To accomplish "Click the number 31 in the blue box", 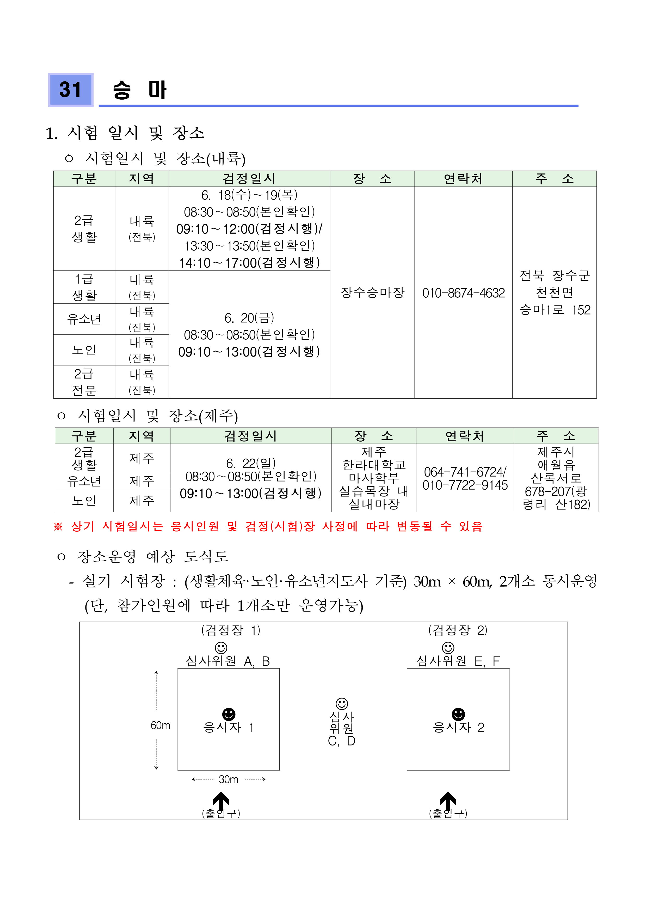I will (x=70, y=89).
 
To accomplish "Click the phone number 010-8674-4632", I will (x=463, y=293).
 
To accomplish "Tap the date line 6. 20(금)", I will (x=249, y=318).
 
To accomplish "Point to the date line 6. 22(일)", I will (x=251, y=463).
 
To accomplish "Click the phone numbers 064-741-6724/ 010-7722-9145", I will (x=465, y=478).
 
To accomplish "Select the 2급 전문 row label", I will (x=84, y=382).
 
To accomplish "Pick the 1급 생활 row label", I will (x=84, y=287).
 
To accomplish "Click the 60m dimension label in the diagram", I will (x=160, y=725).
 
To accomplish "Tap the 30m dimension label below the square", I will (x=228, y=779).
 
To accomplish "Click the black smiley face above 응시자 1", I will (x=229, y=714).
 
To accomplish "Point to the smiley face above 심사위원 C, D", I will (x=342, y=703).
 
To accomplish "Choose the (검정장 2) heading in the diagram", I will (x=457, y=630).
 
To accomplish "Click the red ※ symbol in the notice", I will (x=58, y=527).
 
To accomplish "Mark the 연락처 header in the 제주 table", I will (x=465, y=436).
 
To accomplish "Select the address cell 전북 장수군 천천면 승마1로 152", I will (x=555, y=293).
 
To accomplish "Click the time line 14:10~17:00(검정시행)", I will (x=249, y=263).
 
